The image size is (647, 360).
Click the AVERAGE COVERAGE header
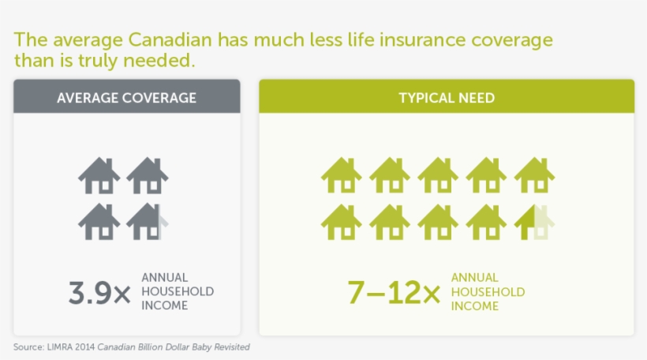126,98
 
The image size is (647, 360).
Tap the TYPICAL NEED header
447,98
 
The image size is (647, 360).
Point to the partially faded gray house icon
148,222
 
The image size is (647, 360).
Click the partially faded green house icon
534,222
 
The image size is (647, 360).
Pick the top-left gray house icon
99,176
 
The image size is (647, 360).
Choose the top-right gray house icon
148,176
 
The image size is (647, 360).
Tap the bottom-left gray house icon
99,222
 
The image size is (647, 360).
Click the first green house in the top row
342,176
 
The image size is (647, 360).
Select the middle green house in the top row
438,176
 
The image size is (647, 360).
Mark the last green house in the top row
534,176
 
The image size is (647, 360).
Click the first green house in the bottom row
342,222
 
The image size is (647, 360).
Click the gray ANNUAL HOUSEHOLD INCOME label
178,291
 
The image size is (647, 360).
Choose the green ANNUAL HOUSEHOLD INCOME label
488,291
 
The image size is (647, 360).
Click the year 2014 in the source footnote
86,347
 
